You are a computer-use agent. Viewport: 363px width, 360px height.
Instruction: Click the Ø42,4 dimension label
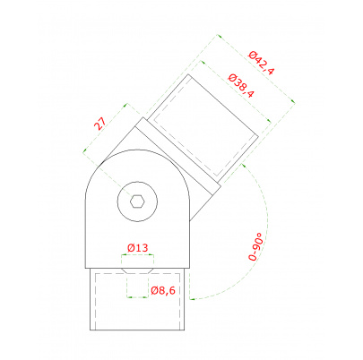coord(261,63)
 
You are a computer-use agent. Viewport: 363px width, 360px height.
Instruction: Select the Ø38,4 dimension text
coord(241,86)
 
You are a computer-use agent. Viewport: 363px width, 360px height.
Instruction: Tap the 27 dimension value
coord(100,124)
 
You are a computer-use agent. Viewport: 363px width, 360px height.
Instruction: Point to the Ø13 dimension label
coord(137,248)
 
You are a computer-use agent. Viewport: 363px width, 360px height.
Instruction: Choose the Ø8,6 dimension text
coord(163,290)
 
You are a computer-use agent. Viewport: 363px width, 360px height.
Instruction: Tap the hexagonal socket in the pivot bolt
coord(137,201)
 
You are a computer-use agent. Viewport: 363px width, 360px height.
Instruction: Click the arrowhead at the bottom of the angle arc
coord(192,298)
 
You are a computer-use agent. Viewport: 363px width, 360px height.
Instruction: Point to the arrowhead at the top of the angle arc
coord(243,165)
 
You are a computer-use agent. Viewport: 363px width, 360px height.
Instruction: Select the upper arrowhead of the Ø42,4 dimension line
coord(219,36)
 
